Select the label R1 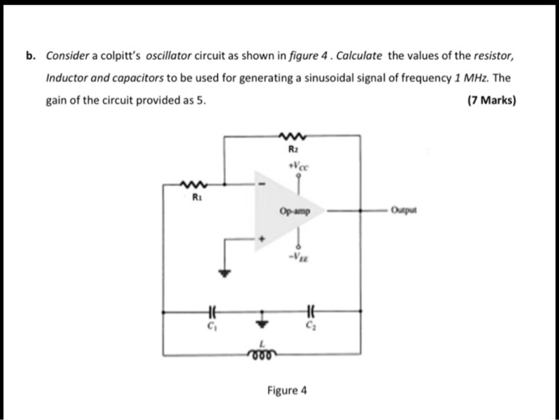[x=193, y=197]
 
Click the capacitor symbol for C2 [x=311, y=311]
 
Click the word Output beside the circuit [x=402, y=212]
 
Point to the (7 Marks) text [x=492, y=101]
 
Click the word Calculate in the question [x=359, y=57]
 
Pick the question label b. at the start [x=30, y=57]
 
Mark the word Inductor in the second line [x=67, y=79]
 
